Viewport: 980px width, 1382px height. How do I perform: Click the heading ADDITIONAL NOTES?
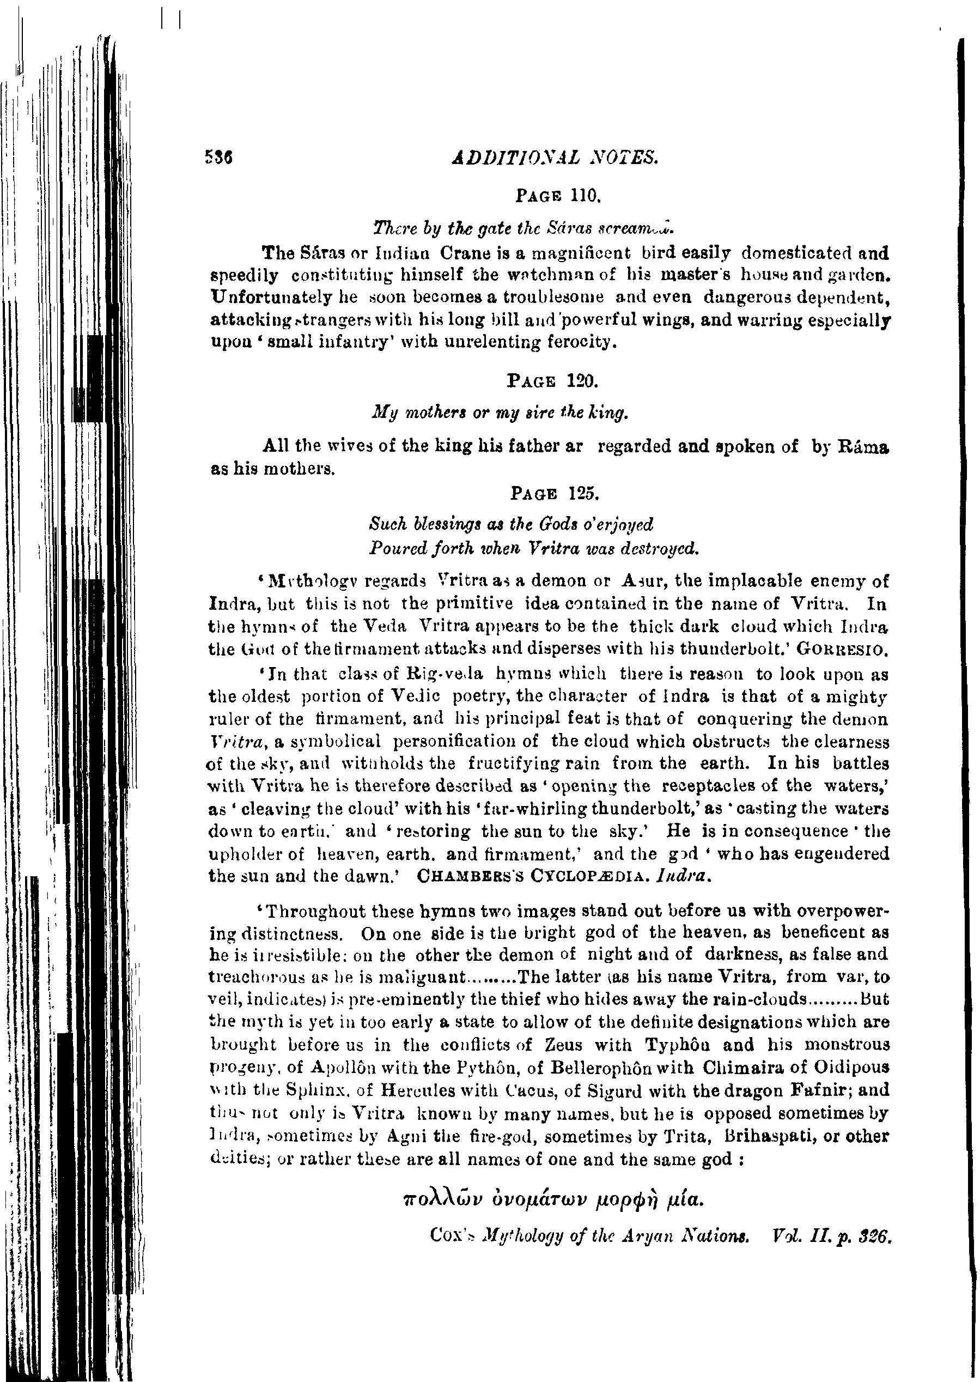555,158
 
